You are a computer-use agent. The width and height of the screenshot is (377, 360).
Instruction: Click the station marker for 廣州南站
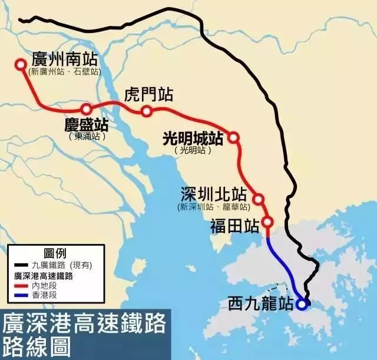21,65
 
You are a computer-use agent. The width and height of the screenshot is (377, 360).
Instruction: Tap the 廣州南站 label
66,59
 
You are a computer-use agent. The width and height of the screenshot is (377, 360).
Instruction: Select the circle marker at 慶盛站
87,108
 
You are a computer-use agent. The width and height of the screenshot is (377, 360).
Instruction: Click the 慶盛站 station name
87,125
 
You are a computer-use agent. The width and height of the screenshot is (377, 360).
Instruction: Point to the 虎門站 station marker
147,111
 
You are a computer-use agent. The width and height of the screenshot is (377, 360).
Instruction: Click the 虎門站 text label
149,94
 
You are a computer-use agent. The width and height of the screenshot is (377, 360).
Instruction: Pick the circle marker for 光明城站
233,137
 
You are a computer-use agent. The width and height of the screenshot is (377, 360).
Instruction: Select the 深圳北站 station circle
258,199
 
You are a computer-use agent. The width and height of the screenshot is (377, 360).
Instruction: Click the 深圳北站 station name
213,195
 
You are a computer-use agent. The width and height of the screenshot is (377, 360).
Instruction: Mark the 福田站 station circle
267,223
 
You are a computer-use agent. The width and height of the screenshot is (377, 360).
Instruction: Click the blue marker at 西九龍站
302,304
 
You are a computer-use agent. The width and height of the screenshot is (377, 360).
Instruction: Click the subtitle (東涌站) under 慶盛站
87,136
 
